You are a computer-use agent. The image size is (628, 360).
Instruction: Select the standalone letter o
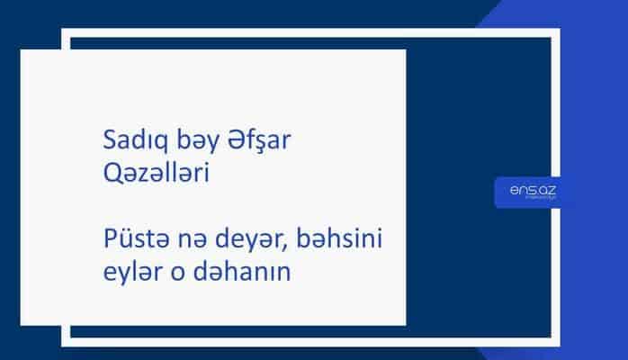click(x=174, y=272)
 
